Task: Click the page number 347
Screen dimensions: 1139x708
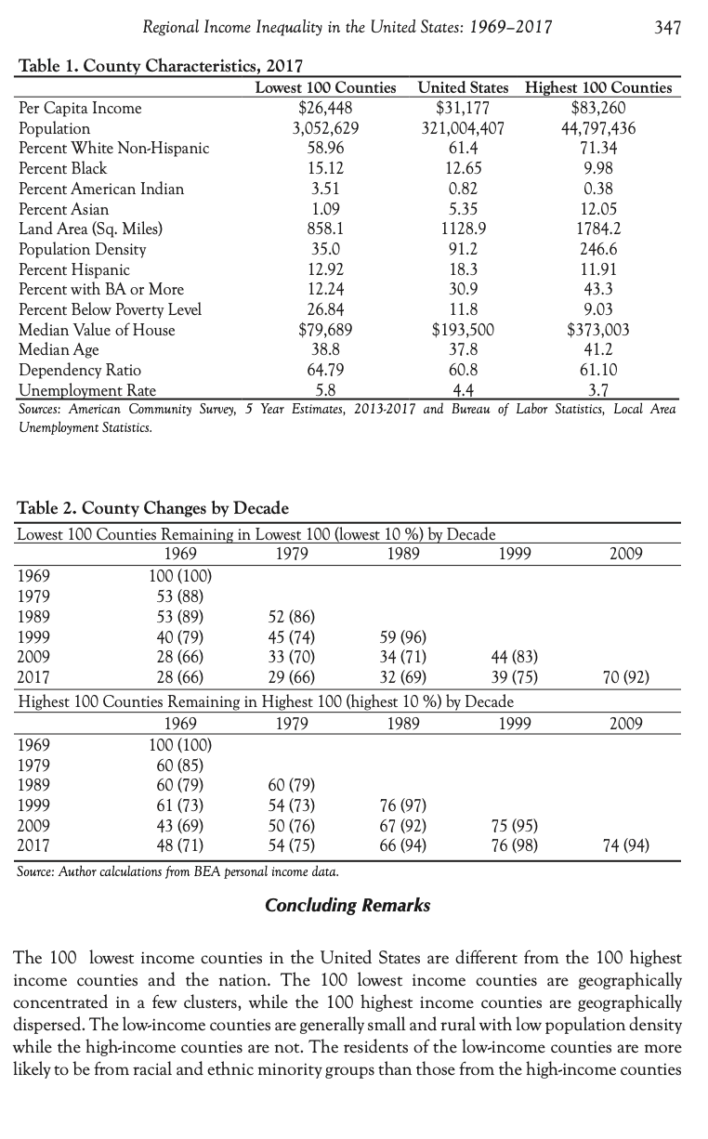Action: coord(667,28)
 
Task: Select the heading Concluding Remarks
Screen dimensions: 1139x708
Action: coord(347,905)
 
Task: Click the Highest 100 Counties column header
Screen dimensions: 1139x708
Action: coord(597,87)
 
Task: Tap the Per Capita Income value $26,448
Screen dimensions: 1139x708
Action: coord(325,108)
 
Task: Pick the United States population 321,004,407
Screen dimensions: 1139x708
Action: coord(462,128)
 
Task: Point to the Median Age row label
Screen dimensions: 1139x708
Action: coord(59,350)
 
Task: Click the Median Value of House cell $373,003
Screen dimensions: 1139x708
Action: coord(597,330)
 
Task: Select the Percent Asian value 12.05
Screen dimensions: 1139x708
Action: coord(597,209)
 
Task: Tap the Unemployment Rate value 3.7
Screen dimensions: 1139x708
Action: coord(597,390)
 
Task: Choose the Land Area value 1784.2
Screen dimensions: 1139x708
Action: coord(597,229)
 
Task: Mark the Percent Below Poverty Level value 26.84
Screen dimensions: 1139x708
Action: coord(325,309)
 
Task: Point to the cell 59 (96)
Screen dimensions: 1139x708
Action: coord(402,636)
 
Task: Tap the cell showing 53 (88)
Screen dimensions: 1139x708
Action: coord(179,596)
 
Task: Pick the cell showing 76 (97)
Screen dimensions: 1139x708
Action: coord(402,805)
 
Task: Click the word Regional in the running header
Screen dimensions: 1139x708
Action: coord(171,28)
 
